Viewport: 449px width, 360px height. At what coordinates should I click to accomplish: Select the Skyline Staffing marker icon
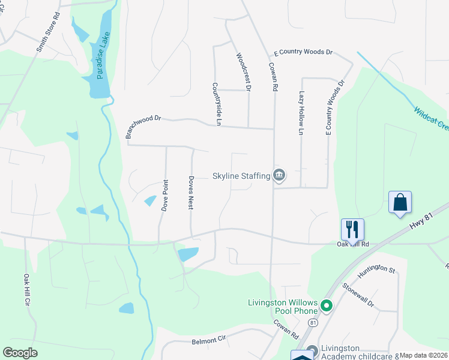pyautogui.click(x=279, y=176)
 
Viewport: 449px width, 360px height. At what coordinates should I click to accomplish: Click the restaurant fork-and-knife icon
pyautogui.click(x=352, y=229)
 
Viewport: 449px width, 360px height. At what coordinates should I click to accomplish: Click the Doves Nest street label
pyautogui.click(x=191, y=192)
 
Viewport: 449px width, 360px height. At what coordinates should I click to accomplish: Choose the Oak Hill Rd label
pyautogui.click(x=352, y=244)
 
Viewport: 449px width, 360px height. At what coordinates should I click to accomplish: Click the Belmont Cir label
pyautogui.click(x=208, y=340)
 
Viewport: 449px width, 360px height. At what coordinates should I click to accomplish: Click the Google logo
pyautogui.click(x=20, y=353)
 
